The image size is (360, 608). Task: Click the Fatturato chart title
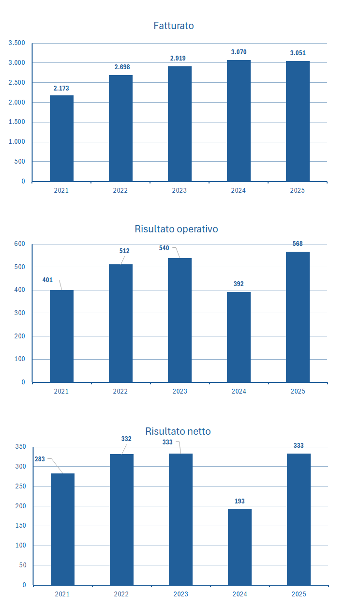point(174,26)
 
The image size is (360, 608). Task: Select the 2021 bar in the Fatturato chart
point(61,138)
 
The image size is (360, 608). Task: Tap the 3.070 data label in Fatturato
point(239,52)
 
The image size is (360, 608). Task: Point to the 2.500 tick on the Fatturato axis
point(17,83)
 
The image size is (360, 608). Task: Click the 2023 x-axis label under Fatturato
point(179,190)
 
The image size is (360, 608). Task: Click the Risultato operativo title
point(176,229)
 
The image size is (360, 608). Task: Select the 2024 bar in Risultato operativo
point(239,337)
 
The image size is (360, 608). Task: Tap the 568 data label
point(298,244)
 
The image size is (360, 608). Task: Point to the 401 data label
point(47,280)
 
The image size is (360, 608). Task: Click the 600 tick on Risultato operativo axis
point(19,244)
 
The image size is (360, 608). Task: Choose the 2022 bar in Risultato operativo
point(120,323)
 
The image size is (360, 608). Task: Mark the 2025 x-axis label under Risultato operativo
point(298,391)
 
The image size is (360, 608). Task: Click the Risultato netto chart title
point(178,431)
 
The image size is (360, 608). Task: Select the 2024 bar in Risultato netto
point(240,547)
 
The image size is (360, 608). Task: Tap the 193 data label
point(240,502)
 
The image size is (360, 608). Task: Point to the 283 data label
point(40,459)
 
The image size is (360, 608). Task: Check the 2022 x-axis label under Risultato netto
point(121,594)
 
